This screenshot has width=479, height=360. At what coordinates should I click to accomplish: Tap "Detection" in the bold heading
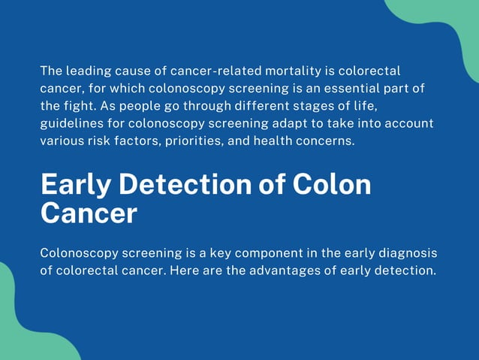[x=188, y=185]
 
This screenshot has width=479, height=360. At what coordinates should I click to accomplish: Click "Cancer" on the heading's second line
[x=88, y=213]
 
